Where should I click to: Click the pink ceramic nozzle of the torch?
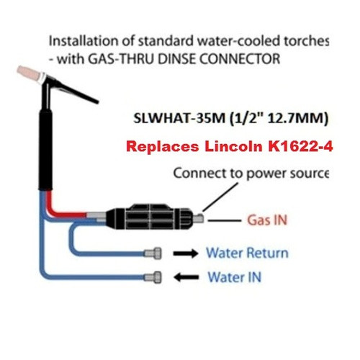tap(28, 74)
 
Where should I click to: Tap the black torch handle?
tap(45, 150)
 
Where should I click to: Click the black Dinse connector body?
tap(149, 217)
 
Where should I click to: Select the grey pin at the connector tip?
tap(199, 218)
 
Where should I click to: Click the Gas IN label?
tap(267, 220)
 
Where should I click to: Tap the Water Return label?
tap(248, 253)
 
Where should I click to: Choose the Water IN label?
tap(235, 277)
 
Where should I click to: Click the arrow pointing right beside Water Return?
tap(186, 253)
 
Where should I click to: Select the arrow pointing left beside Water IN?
tap(186, 277)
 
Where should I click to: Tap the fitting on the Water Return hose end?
tap(153, 253)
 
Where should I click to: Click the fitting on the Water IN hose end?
tap(153, 277)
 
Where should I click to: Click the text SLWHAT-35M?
tap(179, 118)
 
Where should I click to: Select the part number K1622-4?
tap(300, 146)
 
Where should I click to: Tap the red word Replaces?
tap(163, 146)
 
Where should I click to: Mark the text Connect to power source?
tap(251, 174)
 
